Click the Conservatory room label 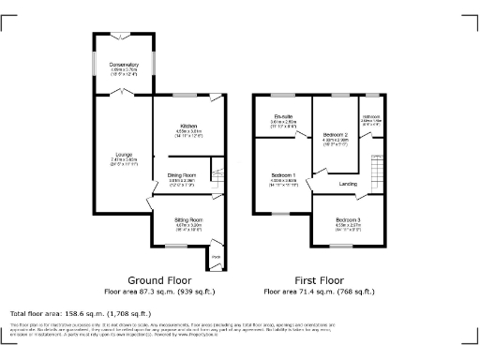[x=124, y=64]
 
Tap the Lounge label [x=124, y=155]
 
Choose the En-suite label [x=284, y=118]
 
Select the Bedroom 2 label [x=335, y=135]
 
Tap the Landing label [x=347, y=183]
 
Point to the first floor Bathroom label [x=371, y=118]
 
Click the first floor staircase [x=378, y=172]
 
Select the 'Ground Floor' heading [x=160, y=280]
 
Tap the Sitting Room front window [x=174, y=246]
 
